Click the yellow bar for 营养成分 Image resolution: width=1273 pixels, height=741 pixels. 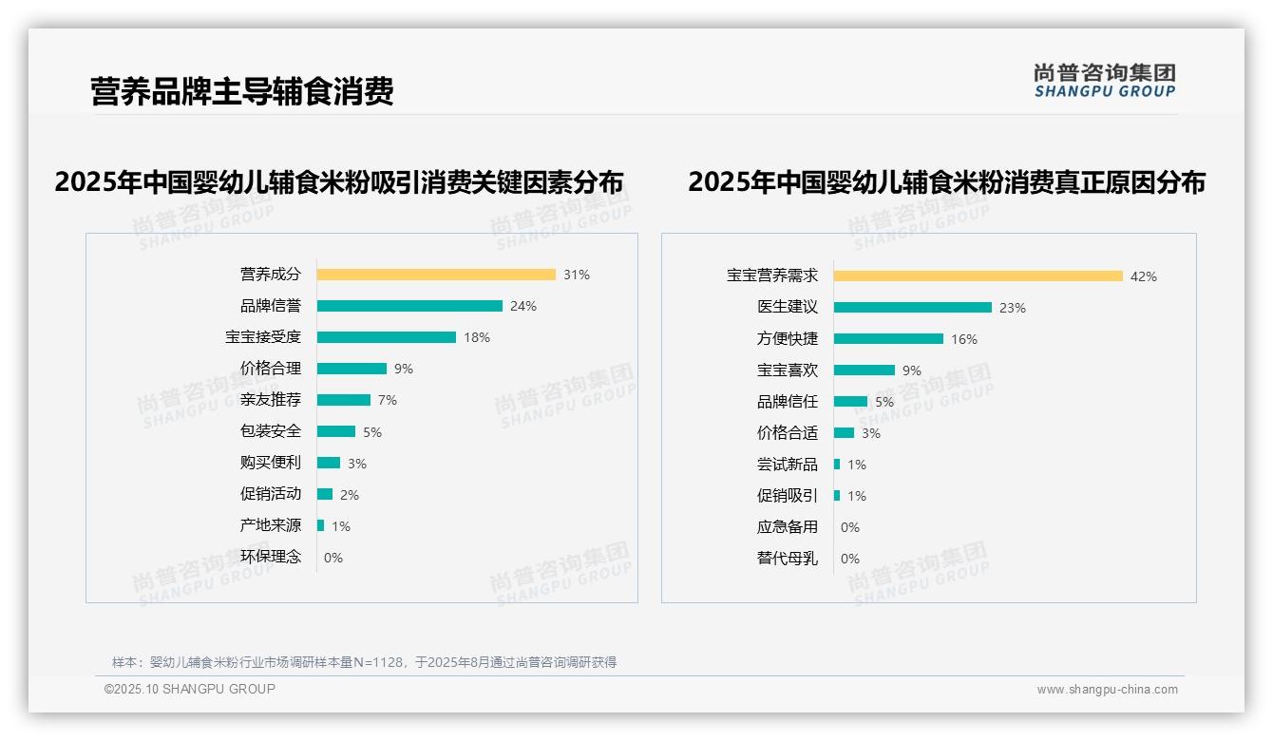click(x=436, y=275)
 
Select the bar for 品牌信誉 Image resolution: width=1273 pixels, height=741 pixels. click(x=409, y=306)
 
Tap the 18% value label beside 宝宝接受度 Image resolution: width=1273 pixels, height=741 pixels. click(x=477, y=337)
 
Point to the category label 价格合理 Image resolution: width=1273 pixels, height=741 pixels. click(x=271, y=369)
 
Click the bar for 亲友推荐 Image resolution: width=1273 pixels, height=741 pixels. click(x=344, y=400)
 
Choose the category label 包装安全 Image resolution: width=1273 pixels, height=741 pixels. click(x=271, y=431)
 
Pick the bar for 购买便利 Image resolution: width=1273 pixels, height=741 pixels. click(x=329, y=463)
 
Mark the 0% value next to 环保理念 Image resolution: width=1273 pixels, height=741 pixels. click(x=333, y=558)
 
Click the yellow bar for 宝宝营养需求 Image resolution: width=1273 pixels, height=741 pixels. click(x=978, y=276)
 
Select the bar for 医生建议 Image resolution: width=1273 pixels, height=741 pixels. click(x=913, y=308)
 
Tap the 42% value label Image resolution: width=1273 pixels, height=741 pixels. click(x=1144, y=276)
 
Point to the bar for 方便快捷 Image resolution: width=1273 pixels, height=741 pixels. click(x=889, y=339)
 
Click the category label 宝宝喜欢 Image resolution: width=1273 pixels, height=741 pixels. click(x=788, y=370)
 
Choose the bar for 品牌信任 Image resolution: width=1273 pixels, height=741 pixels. click(x=851, y=402)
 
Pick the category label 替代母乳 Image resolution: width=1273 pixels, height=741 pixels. click(x=788, y=559)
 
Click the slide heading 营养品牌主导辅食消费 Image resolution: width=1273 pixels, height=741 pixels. click(x=242, y=92)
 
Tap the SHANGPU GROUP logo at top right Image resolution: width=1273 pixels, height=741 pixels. click(x=1105, y=81)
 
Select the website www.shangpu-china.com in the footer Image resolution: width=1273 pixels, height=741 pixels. click(x=1107, y=690)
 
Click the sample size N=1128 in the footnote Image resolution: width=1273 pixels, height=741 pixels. click(x=379, y=662)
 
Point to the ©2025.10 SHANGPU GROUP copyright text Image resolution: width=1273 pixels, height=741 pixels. click(x=190, y=689)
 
